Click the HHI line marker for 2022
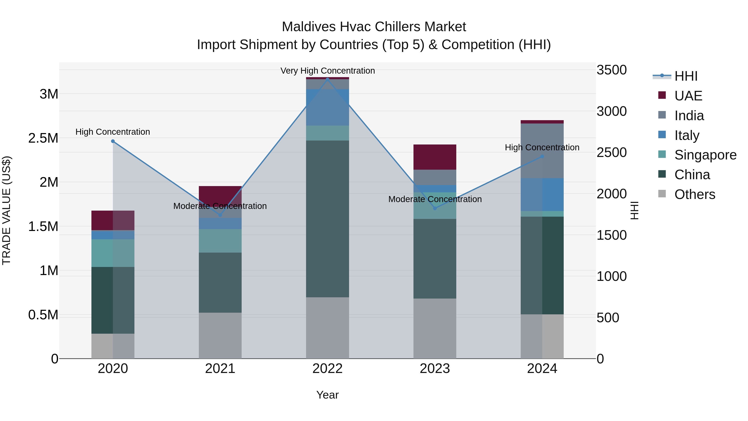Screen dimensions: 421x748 pos(327,79)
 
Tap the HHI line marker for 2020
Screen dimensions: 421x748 pos(113,141)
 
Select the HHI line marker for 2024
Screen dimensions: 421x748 pos(542,157)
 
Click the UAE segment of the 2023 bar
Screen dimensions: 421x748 pos(435,157)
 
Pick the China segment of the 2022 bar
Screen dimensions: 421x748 pos(327,219)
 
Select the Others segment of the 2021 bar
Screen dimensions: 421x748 pos(220,335)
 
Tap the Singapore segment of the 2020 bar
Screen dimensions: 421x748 pos(113,253)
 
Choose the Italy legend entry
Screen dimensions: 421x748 pos(686,135)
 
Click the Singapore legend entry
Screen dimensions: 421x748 pos(705,155)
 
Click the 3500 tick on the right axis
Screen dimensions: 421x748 pos(611,70)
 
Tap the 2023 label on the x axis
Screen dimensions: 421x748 pos(435,369)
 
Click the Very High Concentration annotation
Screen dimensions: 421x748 pos(327,71)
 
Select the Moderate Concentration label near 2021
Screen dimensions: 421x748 pos(220,206)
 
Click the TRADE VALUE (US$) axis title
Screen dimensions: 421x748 pos(6,210)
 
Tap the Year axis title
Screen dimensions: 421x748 pos(327,395)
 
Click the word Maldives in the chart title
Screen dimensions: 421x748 pos(308,27)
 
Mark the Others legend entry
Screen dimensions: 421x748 pos(695,194)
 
